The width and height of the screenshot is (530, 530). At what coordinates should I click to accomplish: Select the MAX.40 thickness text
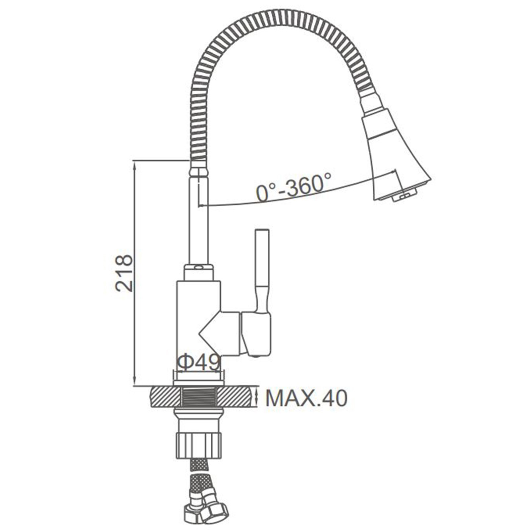tap(306, 398)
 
